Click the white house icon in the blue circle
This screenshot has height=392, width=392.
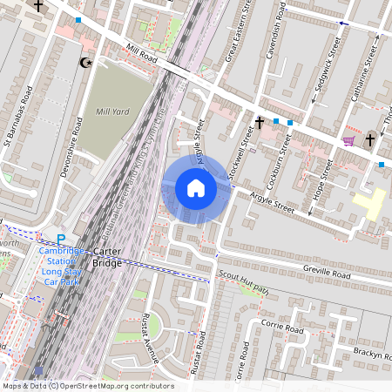pyautogui.click(x=196, y=188)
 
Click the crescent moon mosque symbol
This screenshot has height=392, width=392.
pyautogui.click(x=85, y=63)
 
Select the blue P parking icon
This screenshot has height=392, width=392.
pyautogui.click(x=61, y=240)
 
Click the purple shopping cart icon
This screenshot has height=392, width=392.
pyautogui.click(x=348, y=140)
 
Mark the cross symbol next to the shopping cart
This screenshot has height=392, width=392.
pyautogui.click(x=370, y=138)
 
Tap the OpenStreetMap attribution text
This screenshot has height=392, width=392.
pyautogui.click(x=87, y=386)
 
